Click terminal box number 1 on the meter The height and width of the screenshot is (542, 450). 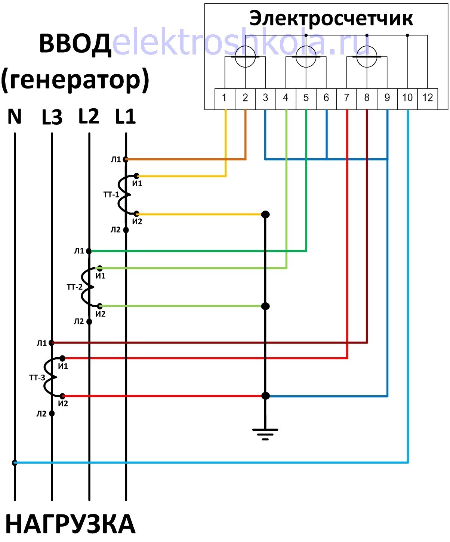tap(224, 98)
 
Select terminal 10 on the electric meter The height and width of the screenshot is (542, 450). tap(407, 98)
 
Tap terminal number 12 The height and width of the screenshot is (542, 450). tap(428, 98)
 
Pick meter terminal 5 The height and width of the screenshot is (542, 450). tap(306, 98)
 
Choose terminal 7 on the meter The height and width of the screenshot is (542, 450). tap(346, 98)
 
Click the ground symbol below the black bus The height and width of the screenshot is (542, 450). tap(265, 433)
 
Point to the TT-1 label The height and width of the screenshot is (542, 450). tap(111, 194)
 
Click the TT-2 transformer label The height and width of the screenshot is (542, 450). tap(74, 287)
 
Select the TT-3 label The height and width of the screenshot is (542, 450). tap(37, 378)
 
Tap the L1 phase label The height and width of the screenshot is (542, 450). tap(125, 116)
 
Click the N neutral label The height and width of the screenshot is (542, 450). tap(15, 116)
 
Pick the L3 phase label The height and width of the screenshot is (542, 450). tap(52, 117)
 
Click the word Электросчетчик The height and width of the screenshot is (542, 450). tap(331, 18)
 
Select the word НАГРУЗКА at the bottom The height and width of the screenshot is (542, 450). tap(70, 524)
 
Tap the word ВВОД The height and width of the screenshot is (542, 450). tap(75, 44)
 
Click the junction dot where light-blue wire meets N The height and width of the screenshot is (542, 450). tap(15, 463)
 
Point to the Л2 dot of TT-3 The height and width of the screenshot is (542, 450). tap(52, 413)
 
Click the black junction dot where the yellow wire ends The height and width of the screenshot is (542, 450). tap(265, 214)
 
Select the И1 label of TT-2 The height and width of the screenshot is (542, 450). tap(100, 276)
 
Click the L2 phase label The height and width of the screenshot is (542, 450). tap(89, 116)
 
